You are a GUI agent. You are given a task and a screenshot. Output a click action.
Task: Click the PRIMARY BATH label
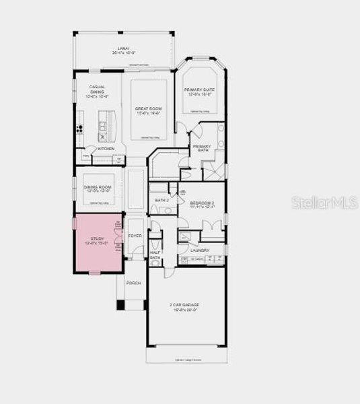pyautogui.click(x=201, y=148)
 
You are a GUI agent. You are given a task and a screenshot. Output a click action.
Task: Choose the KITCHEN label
pyautogui.click(x=106, y=149)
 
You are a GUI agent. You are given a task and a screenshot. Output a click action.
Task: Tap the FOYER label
pyautogui.click(x=135, y=236)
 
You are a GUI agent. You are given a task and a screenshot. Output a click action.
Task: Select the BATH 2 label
pyautogui.click(x=161, y=200)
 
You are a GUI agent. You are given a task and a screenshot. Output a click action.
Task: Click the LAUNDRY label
pyautogui.click(x=200, y=250)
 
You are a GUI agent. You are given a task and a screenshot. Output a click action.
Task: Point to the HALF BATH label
pyautogui.click(x=155, y=255)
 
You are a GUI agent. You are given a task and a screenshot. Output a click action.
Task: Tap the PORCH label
pyautogui.click(x=133, y=283)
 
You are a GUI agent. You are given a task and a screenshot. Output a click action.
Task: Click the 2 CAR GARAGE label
pyautogui.click(x=184, y=305)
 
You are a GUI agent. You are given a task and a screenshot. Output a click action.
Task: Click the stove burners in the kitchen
pyautogui.click(x=79, y=129)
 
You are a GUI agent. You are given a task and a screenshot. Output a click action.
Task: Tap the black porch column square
pyautogui.click(x=121, y=304)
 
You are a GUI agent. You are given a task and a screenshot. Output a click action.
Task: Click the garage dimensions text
pyautogui.click(x=184, y=310)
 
